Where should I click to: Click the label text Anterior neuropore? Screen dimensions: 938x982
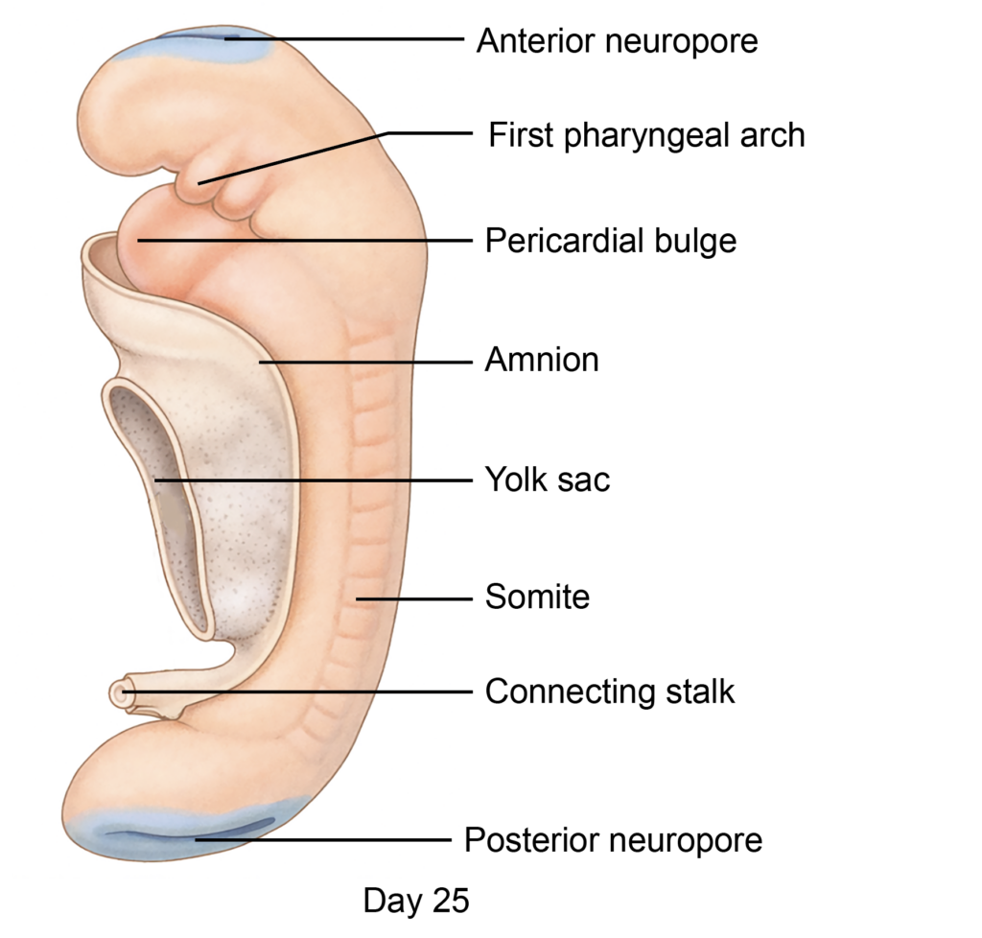(x=617, y=41)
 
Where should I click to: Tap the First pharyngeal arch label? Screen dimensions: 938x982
(x=646, y=135)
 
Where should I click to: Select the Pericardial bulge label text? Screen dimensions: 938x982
(x=610, y=240)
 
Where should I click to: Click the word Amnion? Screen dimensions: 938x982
(x=542, y=361)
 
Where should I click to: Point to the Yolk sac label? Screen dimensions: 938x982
(x=547, y=479)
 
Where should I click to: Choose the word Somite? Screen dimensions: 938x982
(x=537, y=597)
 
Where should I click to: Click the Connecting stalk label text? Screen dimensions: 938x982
(x=610, y=692)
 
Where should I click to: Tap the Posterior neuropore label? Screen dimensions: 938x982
(x=613, y=840)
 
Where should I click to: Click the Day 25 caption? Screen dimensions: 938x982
(x=416, y=901)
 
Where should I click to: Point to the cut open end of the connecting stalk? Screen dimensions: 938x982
(x=120, y=692)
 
